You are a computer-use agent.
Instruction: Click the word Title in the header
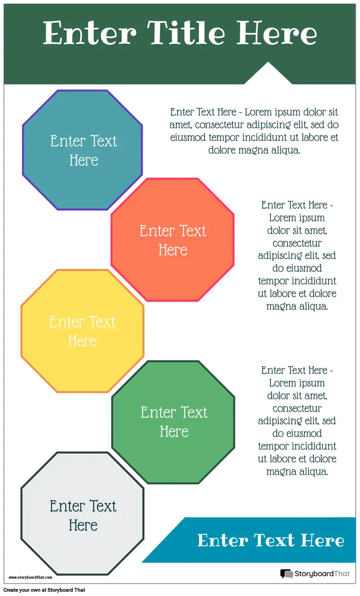coord(186,33)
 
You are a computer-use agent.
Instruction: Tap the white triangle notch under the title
coord(268,75)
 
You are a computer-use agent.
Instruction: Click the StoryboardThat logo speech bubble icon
coord(286,574)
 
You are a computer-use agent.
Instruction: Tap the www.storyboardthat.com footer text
coord(31,577)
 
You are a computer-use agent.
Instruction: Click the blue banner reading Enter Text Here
coord(270,540)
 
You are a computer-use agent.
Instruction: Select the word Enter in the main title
coord(90,33)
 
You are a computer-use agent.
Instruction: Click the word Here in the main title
coord(277,33)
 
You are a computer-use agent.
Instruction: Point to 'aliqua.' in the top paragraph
coord(284,150)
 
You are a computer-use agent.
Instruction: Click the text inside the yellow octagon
coord(82,331)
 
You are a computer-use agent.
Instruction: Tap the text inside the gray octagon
coord(83,515)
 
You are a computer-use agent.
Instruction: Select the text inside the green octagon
coord(174,422)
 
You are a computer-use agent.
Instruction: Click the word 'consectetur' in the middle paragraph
coord(297,243)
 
